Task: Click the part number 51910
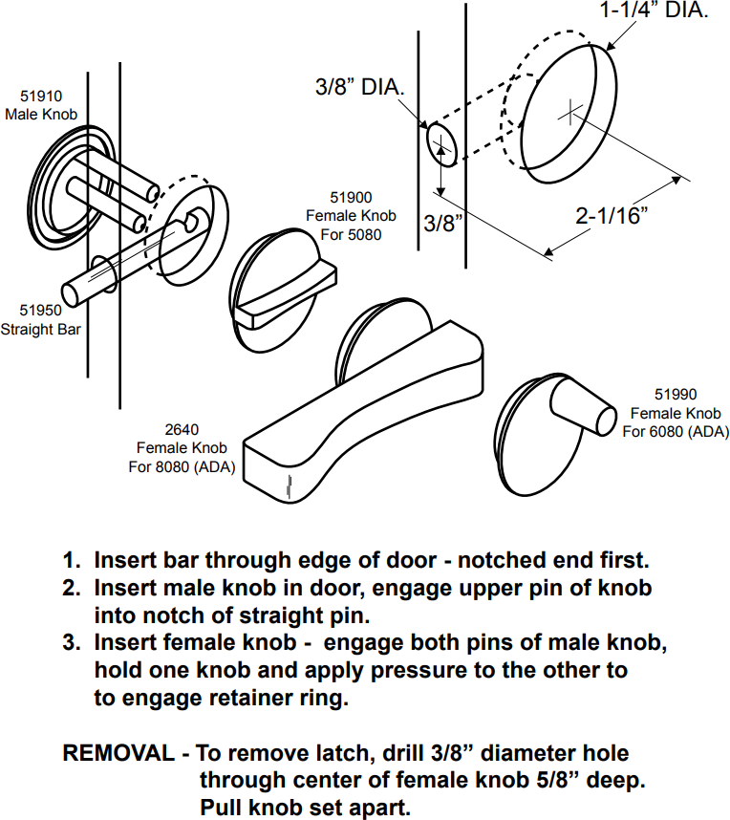(41, 97)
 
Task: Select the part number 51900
(351, 198)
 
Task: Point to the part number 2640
(181, 430)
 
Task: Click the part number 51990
(676, 394)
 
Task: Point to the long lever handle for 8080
(363, 401)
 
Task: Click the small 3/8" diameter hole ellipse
(440, 146)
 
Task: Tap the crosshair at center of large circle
(569, 113)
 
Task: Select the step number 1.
(70, 560)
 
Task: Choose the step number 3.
(70, 643)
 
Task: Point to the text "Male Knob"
(41, 115)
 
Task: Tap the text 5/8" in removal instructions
(561, 781)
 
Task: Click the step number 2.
(70, 588)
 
